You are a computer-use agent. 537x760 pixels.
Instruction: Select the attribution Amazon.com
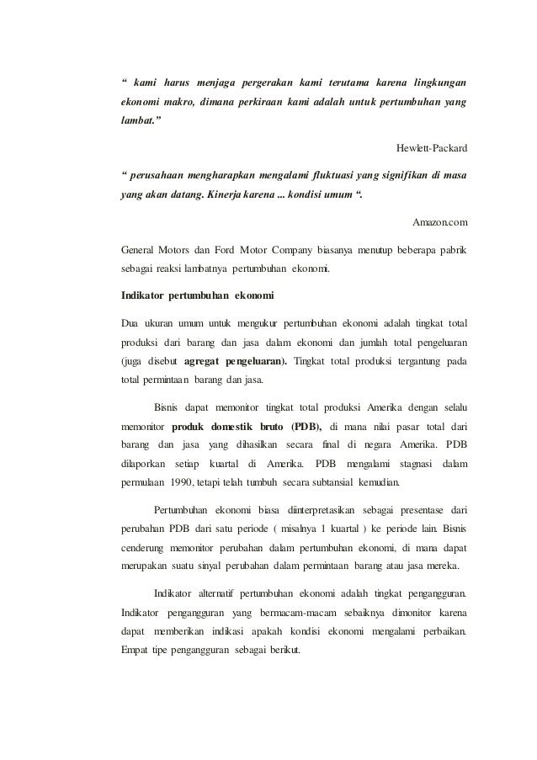point(439,222)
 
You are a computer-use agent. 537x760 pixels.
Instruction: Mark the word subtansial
point(321,484)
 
